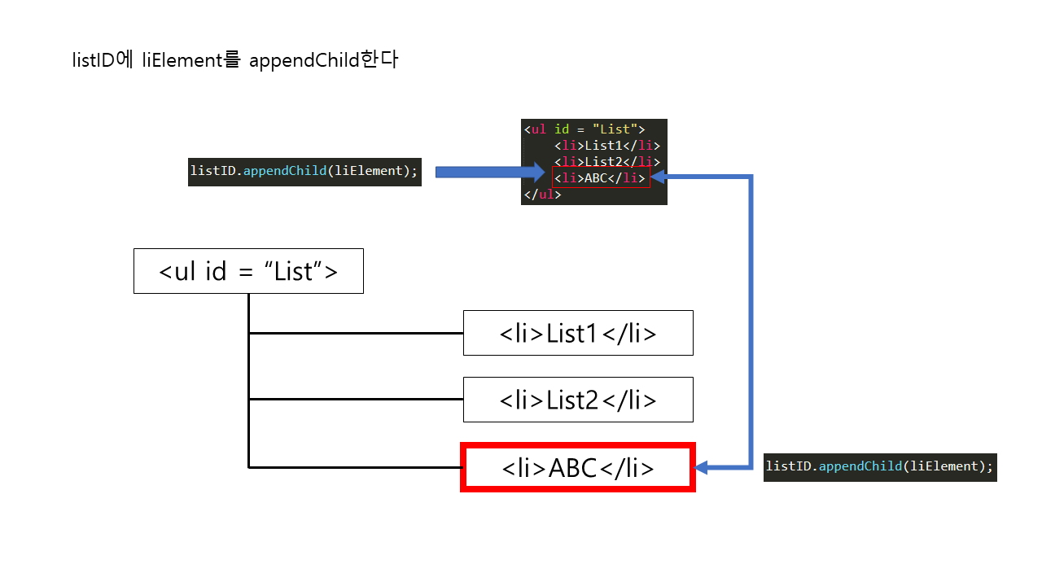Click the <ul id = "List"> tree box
click(x=248, y=271)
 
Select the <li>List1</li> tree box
click(x=578, y=333)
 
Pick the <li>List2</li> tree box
click(x=578, y=400)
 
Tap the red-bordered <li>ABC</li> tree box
click(x=578, y=468)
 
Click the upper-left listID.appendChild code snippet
click(x=304, y=172)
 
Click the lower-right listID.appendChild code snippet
click(x=880, y=466)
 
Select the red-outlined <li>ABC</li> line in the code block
click(x=601, y=178)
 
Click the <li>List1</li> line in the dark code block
click(x=606, y=146)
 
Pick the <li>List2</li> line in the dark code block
click(x=606, y=162)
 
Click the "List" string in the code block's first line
click(x=615, y=129)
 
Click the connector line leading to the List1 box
click(x=356, y=333)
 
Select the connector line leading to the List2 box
click(x=356, y=400)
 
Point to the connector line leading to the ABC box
click(x=356, y=467)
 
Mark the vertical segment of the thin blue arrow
click(x=751, y=326)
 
